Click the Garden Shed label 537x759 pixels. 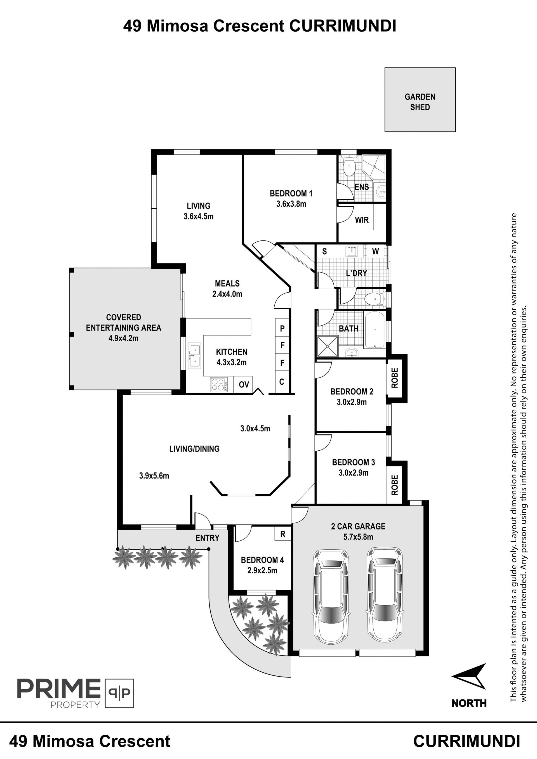(x=420, y=102)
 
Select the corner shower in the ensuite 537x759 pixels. (x=374, y=168)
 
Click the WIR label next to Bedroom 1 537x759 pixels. (x=362, y=220)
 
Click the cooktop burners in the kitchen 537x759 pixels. (x=218, y=385)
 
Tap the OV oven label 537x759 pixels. (x=244, y=384)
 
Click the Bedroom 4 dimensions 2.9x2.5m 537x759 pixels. (x=262, y=570)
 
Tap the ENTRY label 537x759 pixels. (x=207, y=538)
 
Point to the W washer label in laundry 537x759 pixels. (x=375, y=251)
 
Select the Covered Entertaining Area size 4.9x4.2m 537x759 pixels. (x=123, y=338)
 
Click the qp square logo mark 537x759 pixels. (x=119, y=693)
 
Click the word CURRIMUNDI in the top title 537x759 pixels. (x=343, y=26)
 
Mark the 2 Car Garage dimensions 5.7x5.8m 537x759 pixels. (x=358, y=537)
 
